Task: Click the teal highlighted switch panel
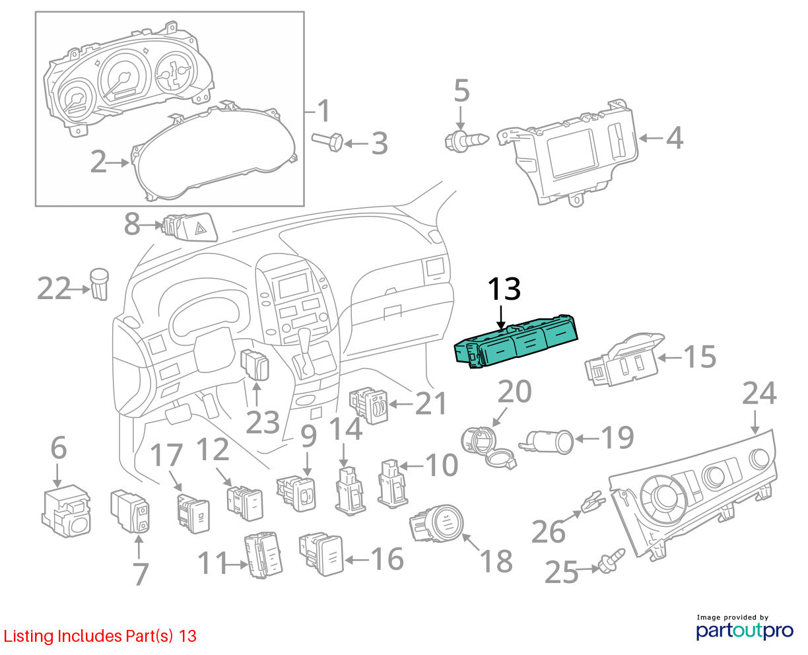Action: click(x=516, y=341)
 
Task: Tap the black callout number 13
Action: click(x=504, y=289)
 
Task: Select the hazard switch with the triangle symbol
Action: click(x=190, y=227)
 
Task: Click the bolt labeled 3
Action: click(x=327, y=141)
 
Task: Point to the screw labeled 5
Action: click(x=467, y=141)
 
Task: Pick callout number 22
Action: click(x=54, y=289)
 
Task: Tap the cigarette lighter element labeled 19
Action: click(x=546, y=442)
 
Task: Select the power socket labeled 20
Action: click(x=488, y=447)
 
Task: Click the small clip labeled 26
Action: click(x=593, y=502)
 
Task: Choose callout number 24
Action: click(x=759, y=394)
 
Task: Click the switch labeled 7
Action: click(x=130, y=511)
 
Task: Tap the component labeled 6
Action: click(x=66, y=511)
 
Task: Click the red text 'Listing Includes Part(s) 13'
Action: click(x=100, y=636)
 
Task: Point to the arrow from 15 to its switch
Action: click(x=669, y=357)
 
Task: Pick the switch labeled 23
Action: click(x=255, y=364)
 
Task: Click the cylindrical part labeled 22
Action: click(x=100, y=285)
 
